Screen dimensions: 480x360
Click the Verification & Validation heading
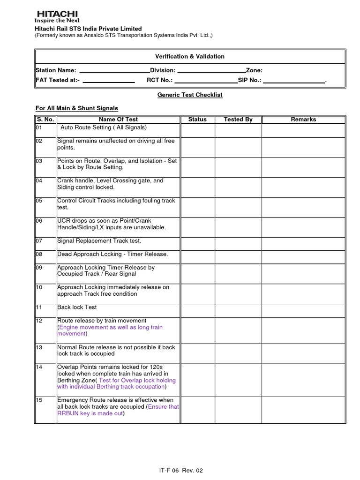pos(190,56)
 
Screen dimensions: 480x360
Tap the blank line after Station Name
pos(114,72)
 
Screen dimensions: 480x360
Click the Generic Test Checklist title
pos(190,95)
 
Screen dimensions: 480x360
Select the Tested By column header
pos(238,120)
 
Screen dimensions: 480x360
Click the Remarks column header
pos(303,120)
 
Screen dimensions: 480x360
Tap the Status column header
pos(197,120)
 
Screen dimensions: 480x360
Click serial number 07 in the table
pos(39,241)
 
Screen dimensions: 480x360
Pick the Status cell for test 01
pos(197,130)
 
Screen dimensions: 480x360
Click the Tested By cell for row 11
pos(238,310)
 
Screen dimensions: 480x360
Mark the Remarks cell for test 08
pos(303,257)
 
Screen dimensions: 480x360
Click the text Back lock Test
pos(77,307)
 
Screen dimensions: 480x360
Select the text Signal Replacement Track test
pos(99,241)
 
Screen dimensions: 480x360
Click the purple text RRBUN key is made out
pos(90,413)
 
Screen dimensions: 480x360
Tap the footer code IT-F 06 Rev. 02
pos(180,471)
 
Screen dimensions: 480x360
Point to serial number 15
pos(39,400)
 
